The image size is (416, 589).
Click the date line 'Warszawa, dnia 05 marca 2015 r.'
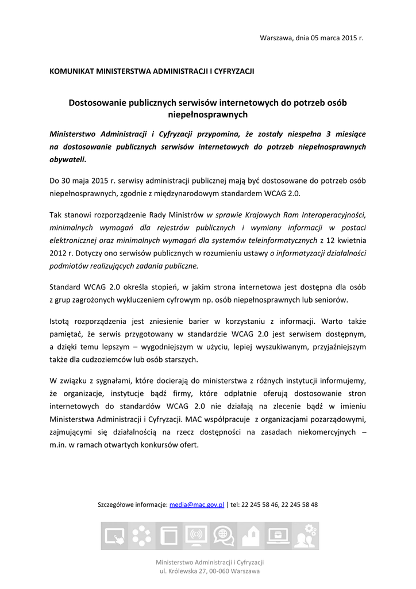click(x=312, y=38)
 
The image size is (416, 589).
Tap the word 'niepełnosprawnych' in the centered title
click(x=208, y=114)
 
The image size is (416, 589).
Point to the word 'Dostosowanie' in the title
click(x=95, y=103)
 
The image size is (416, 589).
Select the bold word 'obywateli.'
click(x=68, y=159)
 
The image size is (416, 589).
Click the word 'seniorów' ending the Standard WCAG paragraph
click(x=333, y=300)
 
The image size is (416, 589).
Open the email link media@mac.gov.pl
click(x=197, y=504)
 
